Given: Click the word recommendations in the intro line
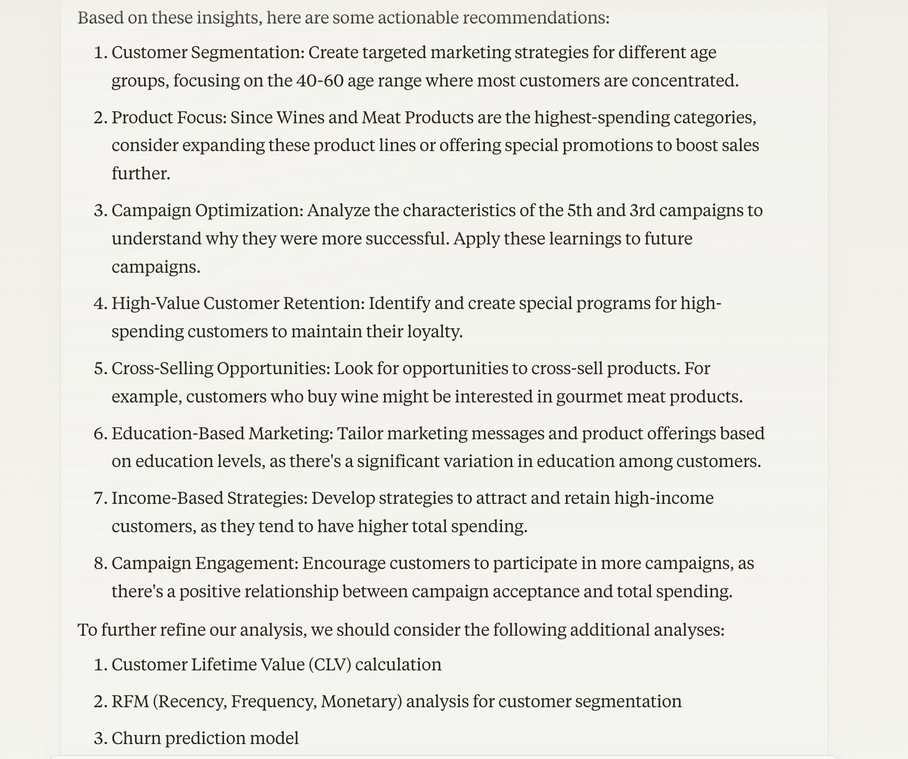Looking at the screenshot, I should [535, 18].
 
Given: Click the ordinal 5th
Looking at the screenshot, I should [579, 211].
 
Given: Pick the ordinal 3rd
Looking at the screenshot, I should [642, 211].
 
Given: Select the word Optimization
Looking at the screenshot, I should [249, 211].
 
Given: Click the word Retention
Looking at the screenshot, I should [324, 304].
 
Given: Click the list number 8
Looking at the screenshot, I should [100, 564].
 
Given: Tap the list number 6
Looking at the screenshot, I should [100, 433].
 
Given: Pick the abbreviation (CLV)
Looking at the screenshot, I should [330, 665].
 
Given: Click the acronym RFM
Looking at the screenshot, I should [130, 701].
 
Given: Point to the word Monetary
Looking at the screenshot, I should [361, 701].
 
